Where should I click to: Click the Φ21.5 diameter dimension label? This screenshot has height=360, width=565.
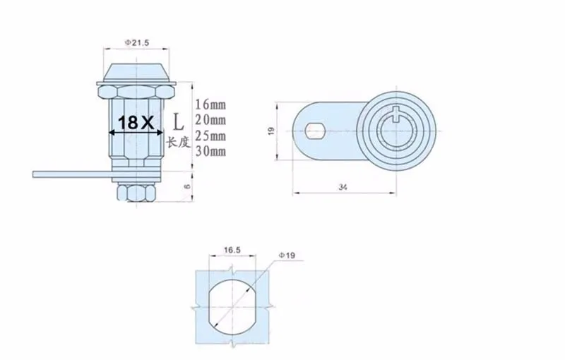pyautogui.click(x=137, y=43)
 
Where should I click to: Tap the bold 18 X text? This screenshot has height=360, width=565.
pyautogui.click(x=136, y=123)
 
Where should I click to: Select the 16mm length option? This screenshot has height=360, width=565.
pyautogui.click(x=210, y=104)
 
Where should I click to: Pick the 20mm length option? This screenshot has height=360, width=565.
pyautogui.click(x=210, y=119)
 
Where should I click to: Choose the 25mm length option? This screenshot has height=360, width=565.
pyautogui.click(x=210, y=136)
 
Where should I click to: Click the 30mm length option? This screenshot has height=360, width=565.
pyautogui.click(x=210, y=151)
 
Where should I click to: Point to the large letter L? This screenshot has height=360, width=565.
pyautogui.click(x=178, y=121)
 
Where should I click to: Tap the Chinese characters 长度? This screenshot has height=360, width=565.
pyautogui.click(x=178, y=143)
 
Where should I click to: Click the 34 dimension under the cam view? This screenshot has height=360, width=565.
pyautogui.click(x=343, y=187)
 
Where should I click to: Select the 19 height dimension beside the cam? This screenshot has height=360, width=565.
pyautogui.click(x=272, y=131)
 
